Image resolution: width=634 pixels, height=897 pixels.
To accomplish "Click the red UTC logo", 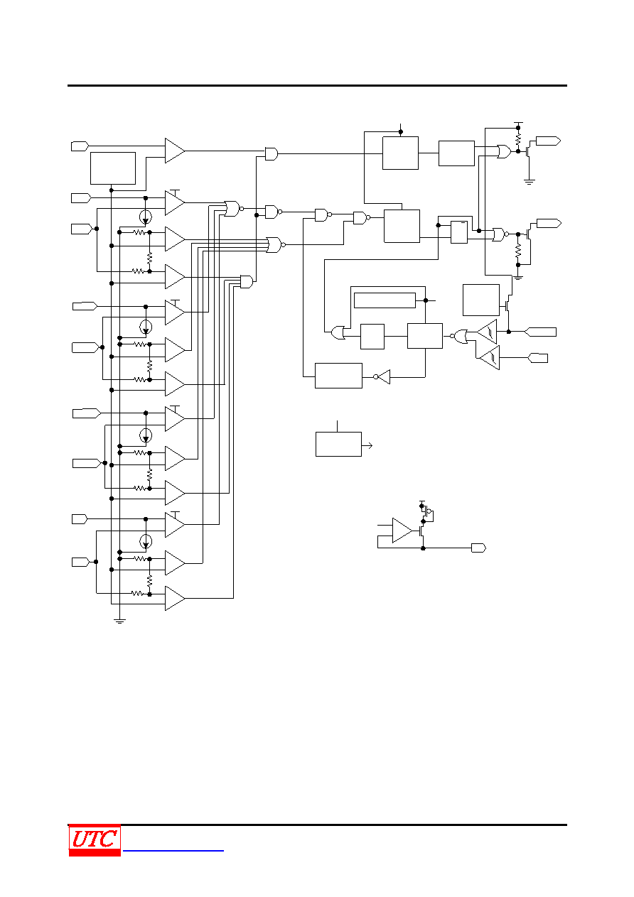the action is [95, 839].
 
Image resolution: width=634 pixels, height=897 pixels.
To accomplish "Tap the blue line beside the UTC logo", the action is [173, 851].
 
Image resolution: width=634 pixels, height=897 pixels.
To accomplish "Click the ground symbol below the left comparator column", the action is [119, 621].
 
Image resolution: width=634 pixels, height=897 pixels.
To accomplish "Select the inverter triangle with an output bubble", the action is [382, 377].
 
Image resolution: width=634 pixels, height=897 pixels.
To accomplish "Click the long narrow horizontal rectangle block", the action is [385, 300].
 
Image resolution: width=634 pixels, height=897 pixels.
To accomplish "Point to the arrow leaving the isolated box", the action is [367, 445].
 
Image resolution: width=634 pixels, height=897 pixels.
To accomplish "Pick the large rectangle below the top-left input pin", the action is [113, 168].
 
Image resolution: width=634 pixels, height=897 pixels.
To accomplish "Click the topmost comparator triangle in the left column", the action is [175, 151].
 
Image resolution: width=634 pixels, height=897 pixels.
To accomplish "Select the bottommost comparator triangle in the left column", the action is [175, 598].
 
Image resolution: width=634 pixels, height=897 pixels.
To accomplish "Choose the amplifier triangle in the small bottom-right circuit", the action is [402, 531].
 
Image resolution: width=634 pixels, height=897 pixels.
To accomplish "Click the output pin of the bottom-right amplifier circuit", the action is [478, 548].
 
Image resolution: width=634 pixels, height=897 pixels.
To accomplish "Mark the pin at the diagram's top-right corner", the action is [548, 141].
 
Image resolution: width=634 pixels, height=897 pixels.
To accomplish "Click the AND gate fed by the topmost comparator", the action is [272, 154].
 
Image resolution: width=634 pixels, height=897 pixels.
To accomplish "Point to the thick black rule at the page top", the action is [317, 85].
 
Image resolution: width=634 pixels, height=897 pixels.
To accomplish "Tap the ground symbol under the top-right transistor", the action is [530, 182].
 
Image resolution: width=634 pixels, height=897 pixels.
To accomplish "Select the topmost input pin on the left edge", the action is [80, 146].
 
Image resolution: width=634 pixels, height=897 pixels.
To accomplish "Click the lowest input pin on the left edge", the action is [80, 562].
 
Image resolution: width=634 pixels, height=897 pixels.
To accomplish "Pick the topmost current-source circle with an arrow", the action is [146, 217].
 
